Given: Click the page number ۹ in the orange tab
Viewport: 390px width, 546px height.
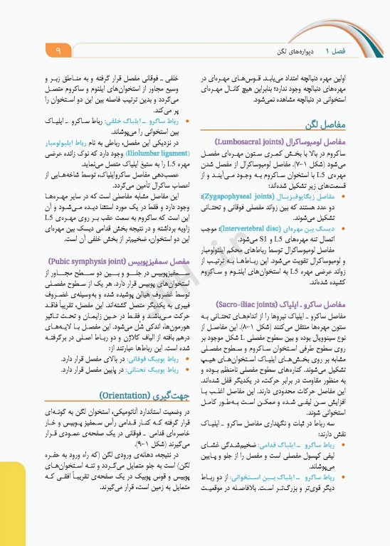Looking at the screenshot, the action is tap(58, 50).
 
